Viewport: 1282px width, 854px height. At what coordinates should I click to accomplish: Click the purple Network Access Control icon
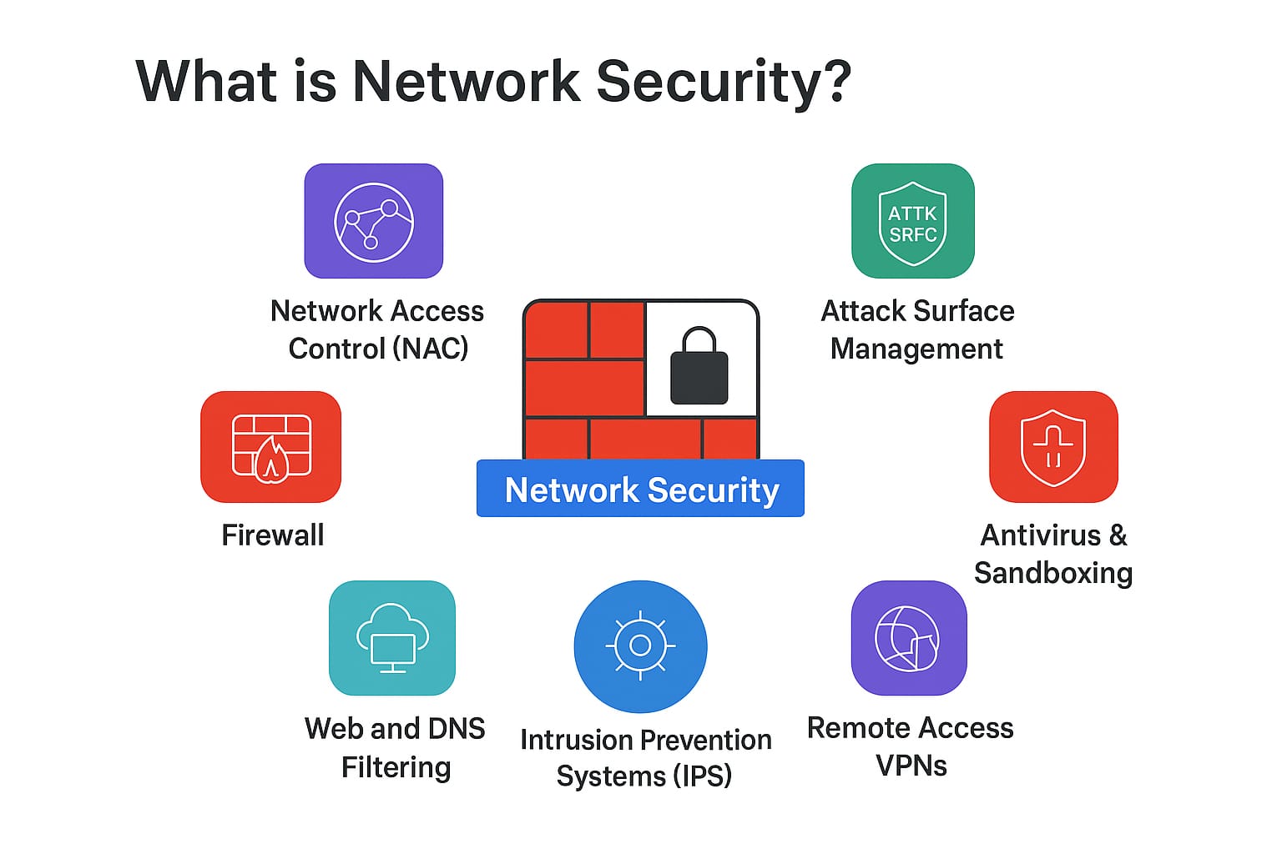click(373, 221)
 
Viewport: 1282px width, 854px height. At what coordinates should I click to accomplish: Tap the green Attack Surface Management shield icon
click(912, 221)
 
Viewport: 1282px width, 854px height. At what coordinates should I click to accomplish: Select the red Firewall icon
click(270, 447)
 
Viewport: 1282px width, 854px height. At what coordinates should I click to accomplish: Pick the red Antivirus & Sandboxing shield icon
click(1052, 447)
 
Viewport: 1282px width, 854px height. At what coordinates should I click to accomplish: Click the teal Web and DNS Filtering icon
click(392, 638)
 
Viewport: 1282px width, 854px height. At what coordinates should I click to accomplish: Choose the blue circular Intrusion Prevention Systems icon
click(640, 646)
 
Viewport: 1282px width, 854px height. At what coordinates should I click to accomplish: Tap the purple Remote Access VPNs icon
click(908, 638)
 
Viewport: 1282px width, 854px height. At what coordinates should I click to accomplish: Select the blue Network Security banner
click(640, 489)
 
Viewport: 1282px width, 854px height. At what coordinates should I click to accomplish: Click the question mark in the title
click(834, 82)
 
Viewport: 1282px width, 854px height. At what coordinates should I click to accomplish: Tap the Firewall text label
click(273, 535)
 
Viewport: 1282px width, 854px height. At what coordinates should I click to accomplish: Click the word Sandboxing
click(1052, 573)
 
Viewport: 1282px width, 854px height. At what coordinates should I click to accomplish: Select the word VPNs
click(911, 765)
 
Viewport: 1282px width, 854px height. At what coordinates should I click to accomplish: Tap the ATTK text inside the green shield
click(912, 213)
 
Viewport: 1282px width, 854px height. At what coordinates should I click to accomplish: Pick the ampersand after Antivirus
click(1118, 535)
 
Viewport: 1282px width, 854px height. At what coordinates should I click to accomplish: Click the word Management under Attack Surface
click(916, 348)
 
